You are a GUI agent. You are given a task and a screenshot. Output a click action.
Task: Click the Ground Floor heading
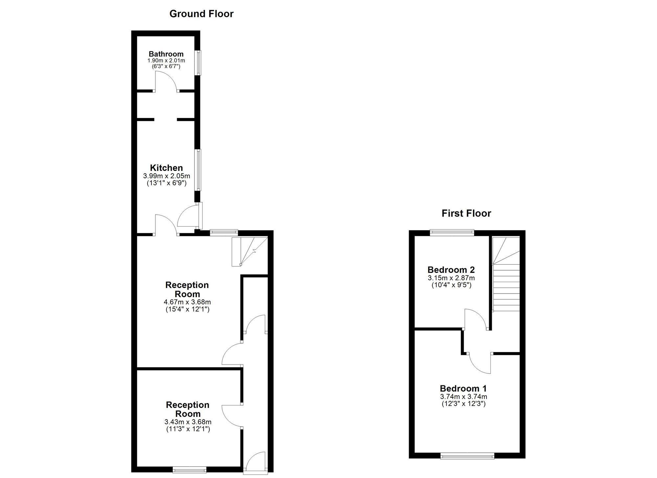(x=201, y=14)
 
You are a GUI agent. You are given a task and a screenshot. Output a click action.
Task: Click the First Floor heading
(x=466, y=213)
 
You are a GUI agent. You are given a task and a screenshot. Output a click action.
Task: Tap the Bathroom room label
(x=166, y=54)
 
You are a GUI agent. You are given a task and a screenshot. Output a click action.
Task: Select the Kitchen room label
(x=166, y=168)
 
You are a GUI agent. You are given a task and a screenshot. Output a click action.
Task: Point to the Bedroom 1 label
(x=463, y=388)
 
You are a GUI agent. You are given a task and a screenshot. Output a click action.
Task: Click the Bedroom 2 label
(x=451, y=270)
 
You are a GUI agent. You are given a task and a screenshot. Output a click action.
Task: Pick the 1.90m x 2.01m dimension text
(x=166, y=61)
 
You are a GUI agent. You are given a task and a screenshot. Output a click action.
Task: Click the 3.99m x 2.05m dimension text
(x=167, y=176)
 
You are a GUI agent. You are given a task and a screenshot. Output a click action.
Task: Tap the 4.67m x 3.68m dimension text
(x=187, y=302)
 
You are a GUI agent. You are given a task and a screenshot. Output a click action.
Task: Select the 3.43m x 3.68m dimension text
(x=188, y=422)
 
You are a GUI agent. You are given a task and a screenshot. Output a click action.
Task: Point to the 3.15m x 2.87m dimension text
(x=451, y=278)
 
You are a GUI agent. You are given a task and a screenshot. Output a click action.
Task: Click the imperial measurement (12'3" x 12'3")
(x=464, y=404)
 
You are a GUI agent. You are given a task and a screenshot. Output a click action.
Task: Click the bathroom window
(x=198, y=62)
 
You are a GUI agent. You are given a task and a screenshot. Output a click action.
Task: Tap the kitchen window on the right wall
(x=198, y=170)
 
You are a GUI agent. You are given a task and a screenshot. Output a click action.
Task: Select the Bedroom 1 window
(x=467, y=456)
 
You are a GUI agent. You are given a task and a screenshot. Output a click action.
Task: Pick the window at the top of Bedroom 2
(x=452, y=233)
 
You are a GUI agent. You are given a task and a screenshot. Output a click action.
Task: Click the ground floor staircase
(x=250, y=251)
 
